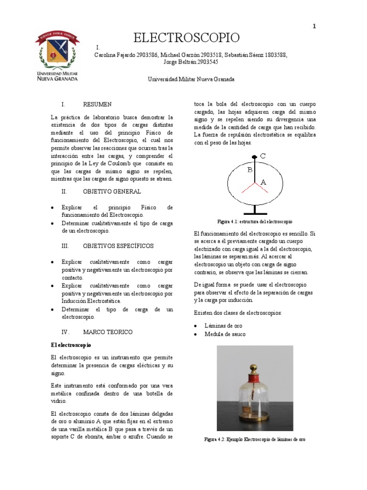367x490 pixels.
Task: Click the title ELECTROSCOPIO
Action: [x=186, y=38]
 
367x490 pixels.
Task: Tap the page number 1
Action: [x=314, y=27]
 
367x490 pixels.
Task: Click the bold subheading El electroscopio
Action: [x=71, y=345]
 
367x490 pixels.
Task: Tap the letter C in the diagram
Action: [x=263, y=156]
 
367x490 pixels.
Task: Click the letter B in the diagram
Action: [x=249, y=169]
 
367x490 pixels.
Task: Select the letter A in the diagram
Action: [x=263, y=182]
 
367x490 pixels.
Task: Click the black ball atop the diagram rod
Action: [x=254, y=156]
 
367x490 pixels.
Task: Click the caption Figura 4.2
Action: [x=254, y=439]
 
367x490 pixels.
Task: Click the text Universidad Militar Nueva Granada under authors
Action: [x=191, y=79]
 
